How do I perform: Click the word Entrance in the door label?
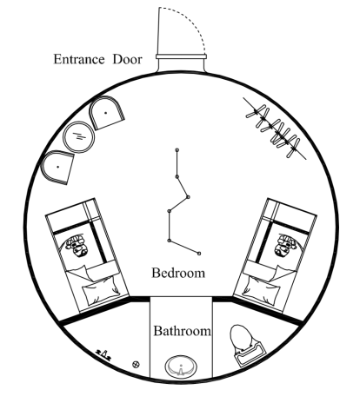(79, 59)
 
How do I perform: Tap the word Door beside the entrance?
(128, 59)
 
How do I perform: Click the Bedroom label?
(178, 273)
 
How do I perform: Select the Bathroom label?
(182, 331)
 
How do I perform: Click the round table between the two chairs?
(79, 137)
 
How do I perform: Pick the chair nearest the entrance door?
(106, 112)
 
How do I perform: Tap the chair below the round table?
(57, 168)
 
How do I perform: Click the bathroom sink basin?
(181, 367)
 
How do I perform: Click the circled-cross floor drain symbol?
(136, 364)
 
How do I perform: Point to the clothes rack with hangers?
(274, 129)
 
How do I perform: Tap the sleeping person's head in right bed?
(286, 246)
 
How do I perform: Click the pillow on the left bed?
(101, 290)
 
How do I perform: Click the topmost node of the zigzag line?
(177, 150)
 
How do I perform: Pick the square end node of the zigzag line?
(199, 254)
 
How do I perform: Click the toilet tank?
(251, 355)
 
